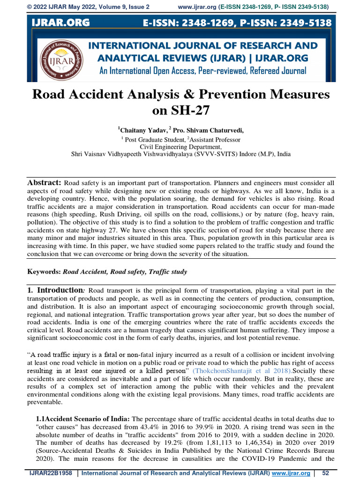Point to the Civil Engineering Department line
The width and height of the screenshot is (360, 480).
pyautogui.click(x=180, y=146)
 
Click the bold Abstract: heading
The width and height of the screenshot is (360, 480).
pyautogui.click(x=45, y=182)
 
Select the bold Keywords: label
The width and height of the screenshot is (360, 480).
pyautogui.click(x=44, y=271)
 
